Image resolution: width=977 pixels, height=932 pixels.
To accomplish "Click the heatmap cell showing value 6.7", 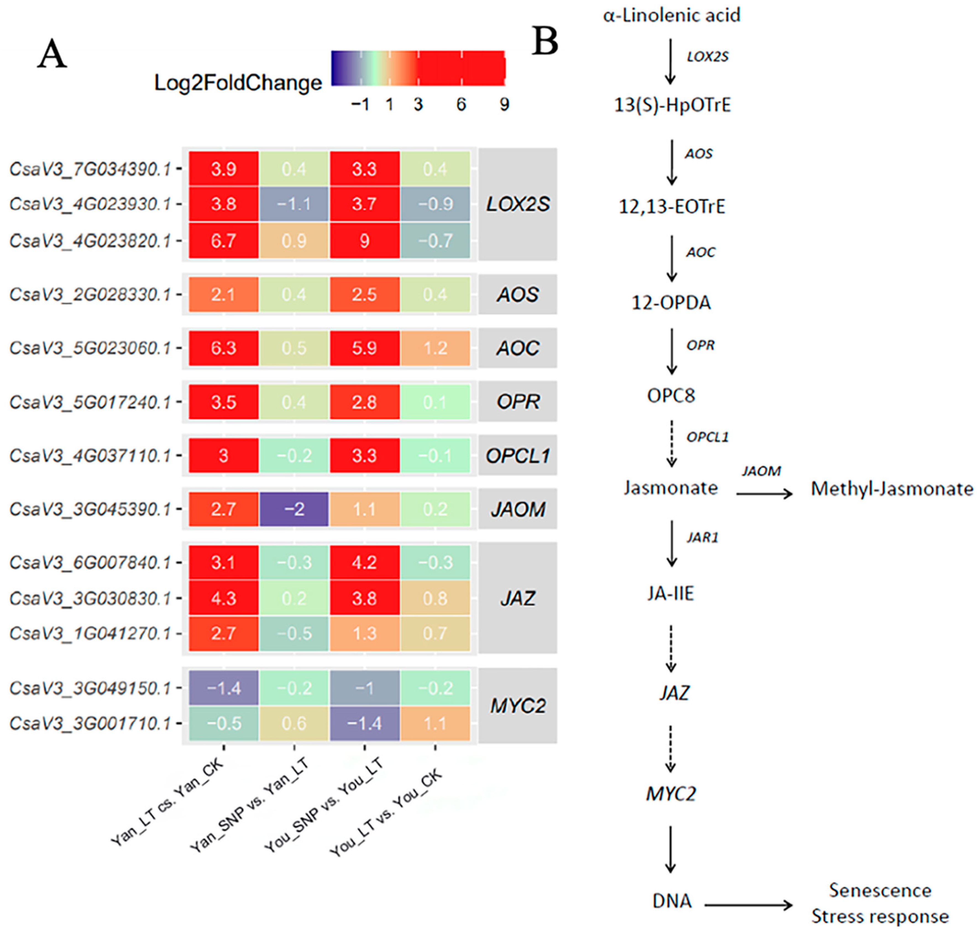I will (223, 240).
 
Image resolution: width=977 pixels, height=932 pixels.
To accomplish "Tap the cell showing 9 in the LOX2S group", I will (364, 240).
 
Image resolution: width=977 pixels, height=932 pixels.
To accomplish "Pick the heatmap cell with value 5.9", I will (364, 348).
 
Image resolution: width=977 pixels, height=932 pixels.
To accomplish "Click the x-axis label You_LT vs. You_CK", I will (386, 813).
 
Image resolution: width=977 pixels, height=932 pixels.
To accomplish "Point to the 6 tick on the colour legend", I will (461, 104).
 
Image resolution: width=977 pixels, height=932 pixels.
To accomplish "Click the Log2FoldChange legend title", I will (238, 82).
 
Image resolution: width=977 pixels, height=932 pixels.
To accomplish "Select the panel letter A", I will (52, 55).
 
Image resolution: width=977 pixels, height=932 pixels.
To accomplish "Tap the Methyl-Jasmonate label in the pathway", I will (892, 489).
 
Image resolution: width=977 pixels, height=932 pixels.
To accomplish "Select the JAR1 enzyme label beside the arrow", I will (702, 537).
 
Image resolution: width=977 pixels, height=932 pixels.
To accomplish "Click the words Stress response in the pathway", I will (880, 916).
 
